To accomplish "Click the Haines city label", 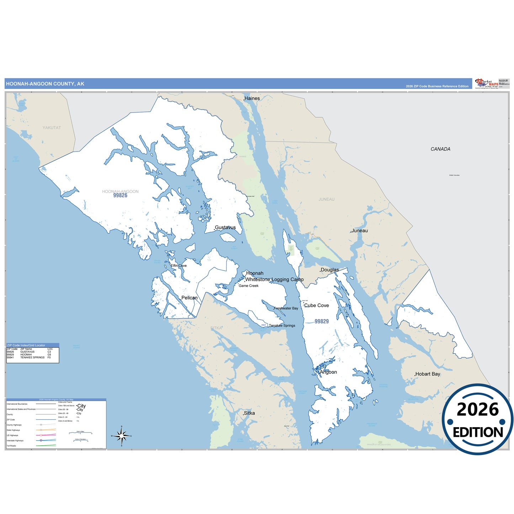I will pos(252,99).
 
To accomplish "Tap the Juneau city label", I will pos(359,231).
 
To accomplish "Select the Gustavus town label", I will pos(225,228).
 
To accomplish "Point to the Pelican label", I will pos(189,298).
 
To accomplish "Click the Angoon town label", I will pos(328,372).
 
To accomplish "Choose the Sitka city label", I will pos(249,413).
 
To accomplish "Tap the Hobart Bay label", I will pos(428,374).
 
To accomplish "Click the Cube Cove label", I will pos(316,306).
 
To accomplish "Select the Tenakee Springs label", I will pos(282,326).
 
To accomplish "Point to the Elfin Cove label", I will pos(179,266).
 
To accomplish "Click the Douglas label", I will pos(330,270).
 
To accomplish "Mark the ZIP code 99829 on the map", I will pos(322,322).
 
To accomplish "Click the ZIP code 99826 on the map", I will pos(120,196).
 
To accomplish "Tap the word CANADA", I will pos(440,149).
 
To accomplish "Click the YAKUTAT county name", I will pos(52,128).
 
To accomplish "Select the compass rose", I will pos(122,436).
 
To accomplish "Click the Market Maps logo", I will pos(487,84).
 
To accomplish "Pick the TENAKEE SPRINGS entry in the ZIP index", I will pos(32,357).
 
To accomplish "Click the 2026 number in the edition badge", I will pos(478,410).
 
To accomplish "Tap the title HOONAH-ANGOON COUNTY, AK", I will pos(45,84).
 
